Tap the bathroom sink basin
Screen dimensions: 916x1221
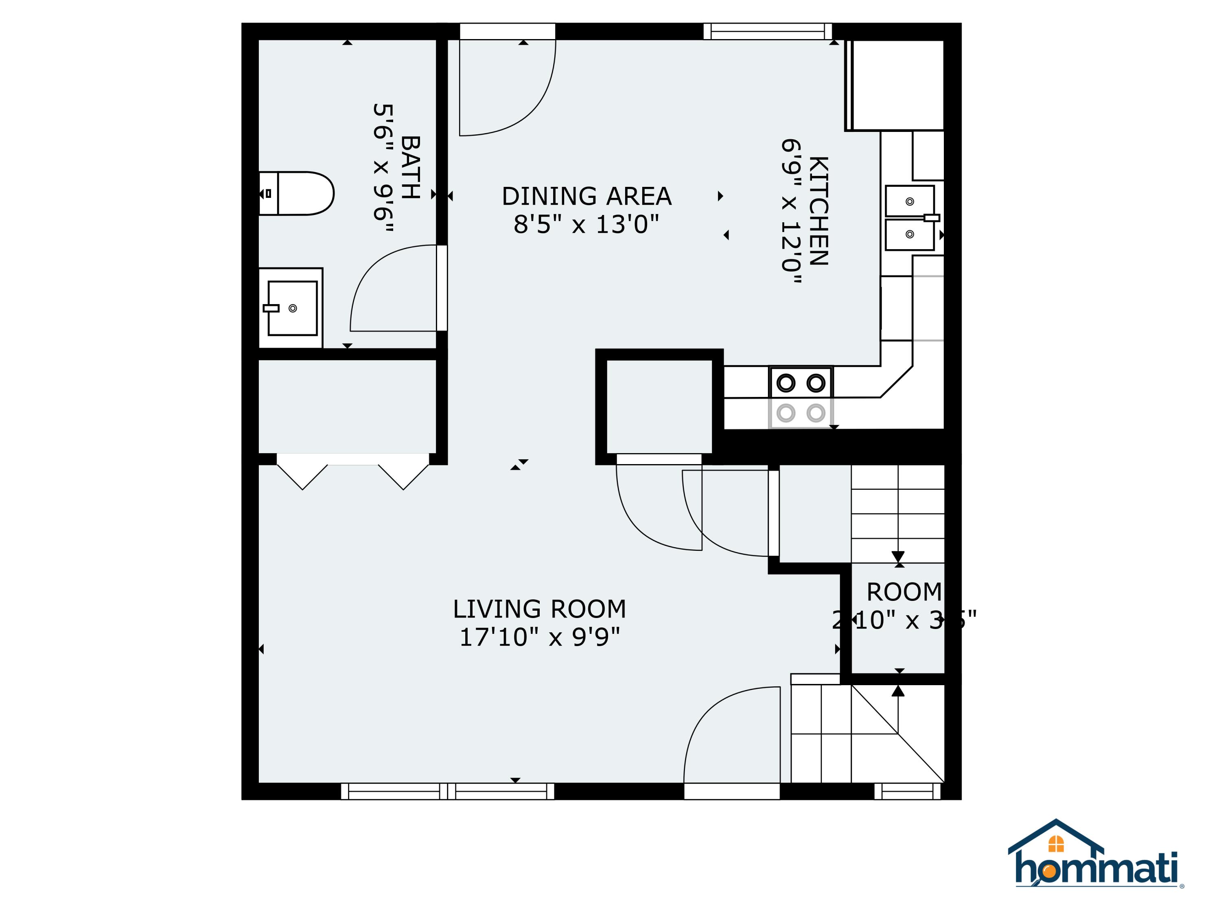click(293, 308)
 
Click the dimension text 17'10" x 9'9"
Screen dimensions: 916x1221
click(539, 637)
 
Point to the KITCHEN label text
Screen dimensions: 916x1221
click(818, 211)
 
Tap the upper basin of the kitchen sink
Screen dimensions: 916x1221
click(909, 201)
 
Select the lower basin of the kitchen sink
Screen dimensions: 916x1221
click(909, 234)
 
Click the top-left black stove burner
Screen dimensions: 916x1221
click(786, 383)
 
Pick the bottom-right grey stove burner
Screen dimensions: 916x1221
click(816, 412)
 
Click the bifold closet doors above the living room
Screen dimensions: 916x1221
click(353, 472)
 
